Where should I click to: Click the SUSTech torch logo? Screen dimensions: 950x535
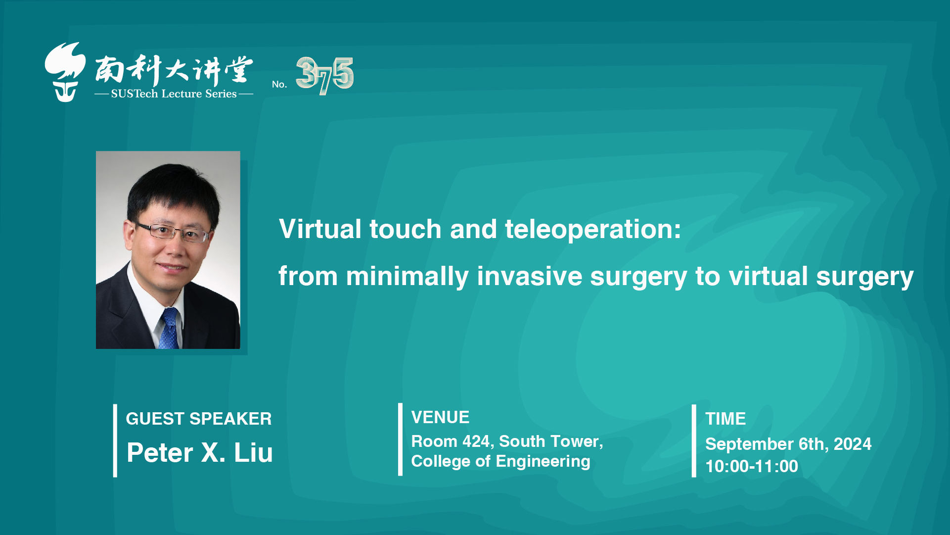[65, 72]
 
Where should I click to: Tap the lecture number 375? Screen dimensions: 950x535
[324, 75]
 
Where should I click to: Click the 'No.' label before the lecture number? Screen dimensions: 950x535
[279, 84]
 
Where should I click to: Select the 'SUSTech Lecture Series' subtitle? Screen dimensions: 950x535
[174, 94]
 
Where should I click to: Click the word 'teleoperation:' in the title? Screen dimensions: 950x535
[593, 229]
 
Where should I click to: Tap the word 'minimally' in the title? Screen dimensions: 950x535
[407, 277]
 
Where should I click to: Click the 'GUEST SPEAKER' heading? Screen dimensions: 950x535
[199, 419]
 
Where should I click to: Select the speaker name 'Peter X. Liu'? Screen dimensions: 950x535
[200, 452]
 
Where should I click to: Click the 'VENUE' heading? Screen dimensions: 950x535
[440, 417]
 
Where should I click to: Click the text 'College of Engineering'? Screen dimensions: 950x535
[500, 461]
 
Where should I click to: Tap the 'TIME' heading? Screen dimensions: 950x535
[725, 419]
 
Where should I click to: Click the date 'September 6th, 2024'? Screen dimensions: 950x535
[788, 444]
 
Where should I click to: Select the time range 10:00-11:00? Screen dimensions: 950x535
[752, 466]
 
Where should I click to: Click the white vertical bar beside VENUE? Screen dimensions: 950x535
[400, 439]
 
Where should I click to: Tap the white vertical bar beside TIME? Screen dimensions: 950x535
[694, 441]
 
